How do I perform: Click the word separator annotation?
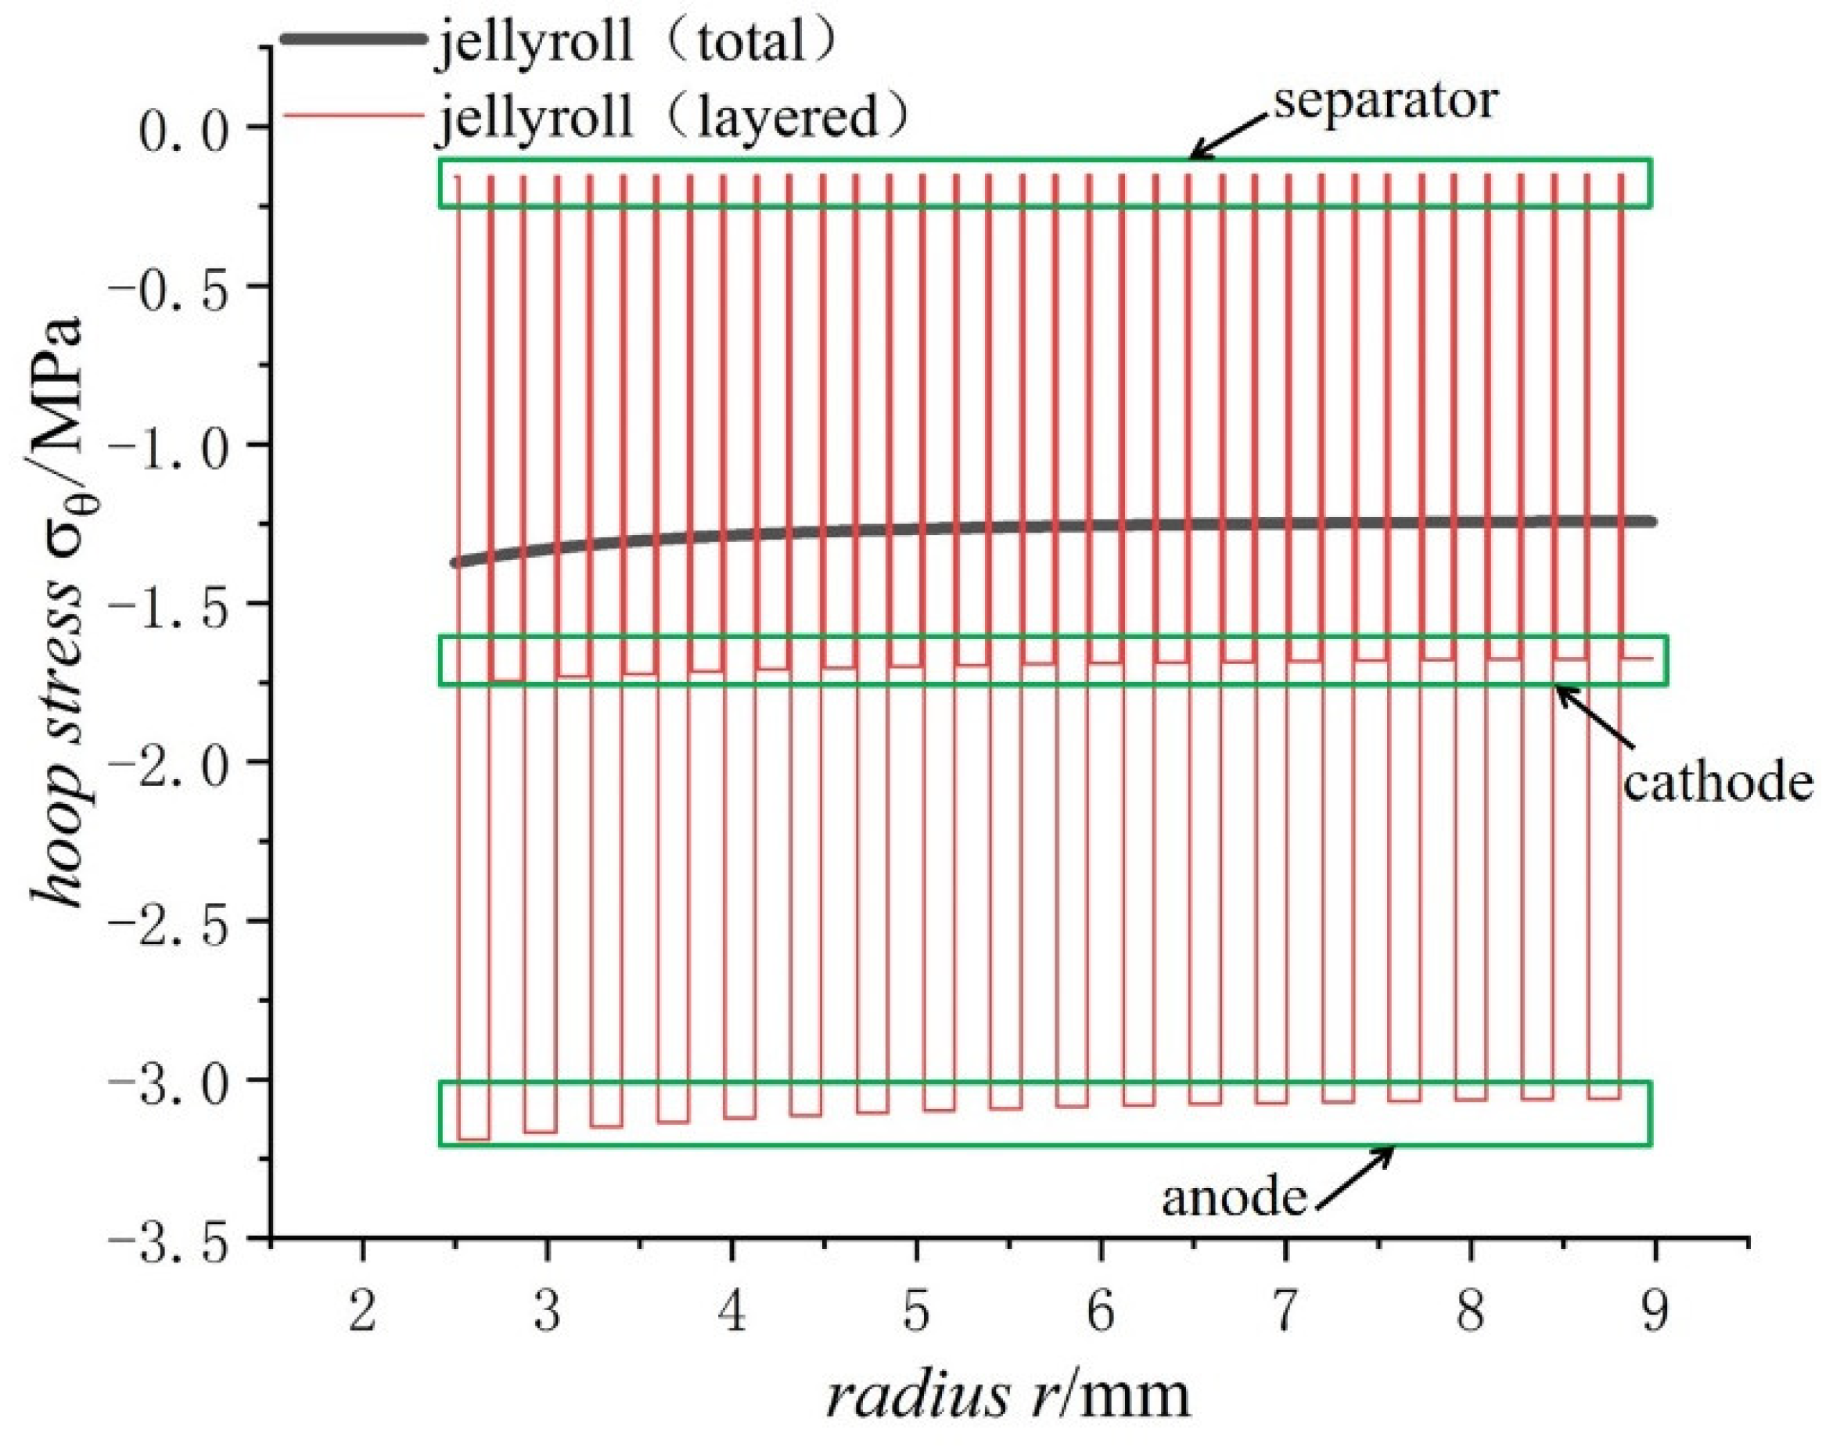pyautogui.click(x=1386, y=102)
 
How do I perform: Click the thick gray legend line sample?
pyautogui.click(x=353, y=38)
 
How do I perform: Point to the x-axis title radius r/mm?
pyautogui.click(x=1008, y=1396)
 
